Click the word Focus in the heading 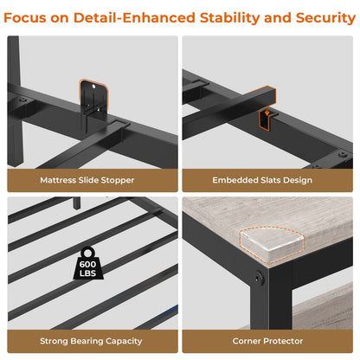click(24, 17)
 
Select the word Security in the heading click(325, 18)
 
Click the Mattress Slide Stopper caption click(87, 180)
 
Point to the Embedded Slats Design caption click(262, 180)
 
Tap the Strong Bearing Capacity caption click(91, 341)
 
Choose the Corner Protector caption click(267, 341)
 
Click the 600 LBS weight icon click(87, 263)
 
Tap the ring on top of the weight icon click(87, 253)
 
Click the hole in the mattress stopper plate click(93, 86)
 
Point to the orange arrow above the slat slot click(267, 112)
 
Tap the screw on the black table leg click(259, 278)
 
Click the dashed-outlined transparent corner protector click(272, 245)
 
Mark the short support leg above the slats click(76, 203)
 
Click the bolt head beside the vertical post click(22, 100)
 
